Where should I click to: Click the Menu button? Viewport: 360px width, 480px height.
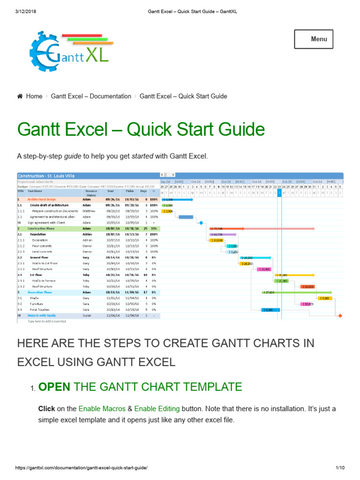coord(314,39)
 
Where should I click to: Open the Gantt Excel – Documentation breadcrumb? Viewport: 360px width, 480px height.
coord(91,96)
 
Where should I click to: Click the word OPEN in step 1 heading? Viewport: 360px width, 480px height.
coord(54,387)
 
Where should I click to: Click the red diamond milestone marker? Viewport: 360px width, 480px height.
coord(340,315)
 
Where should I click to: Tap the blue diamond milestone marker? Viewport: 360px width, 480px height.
coord(201,223)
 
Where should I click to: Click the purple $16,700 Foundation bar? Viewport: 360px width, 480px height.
coord(223,234)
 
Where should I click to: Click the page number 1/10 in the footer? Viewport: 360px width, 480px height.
coord(340,468)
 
